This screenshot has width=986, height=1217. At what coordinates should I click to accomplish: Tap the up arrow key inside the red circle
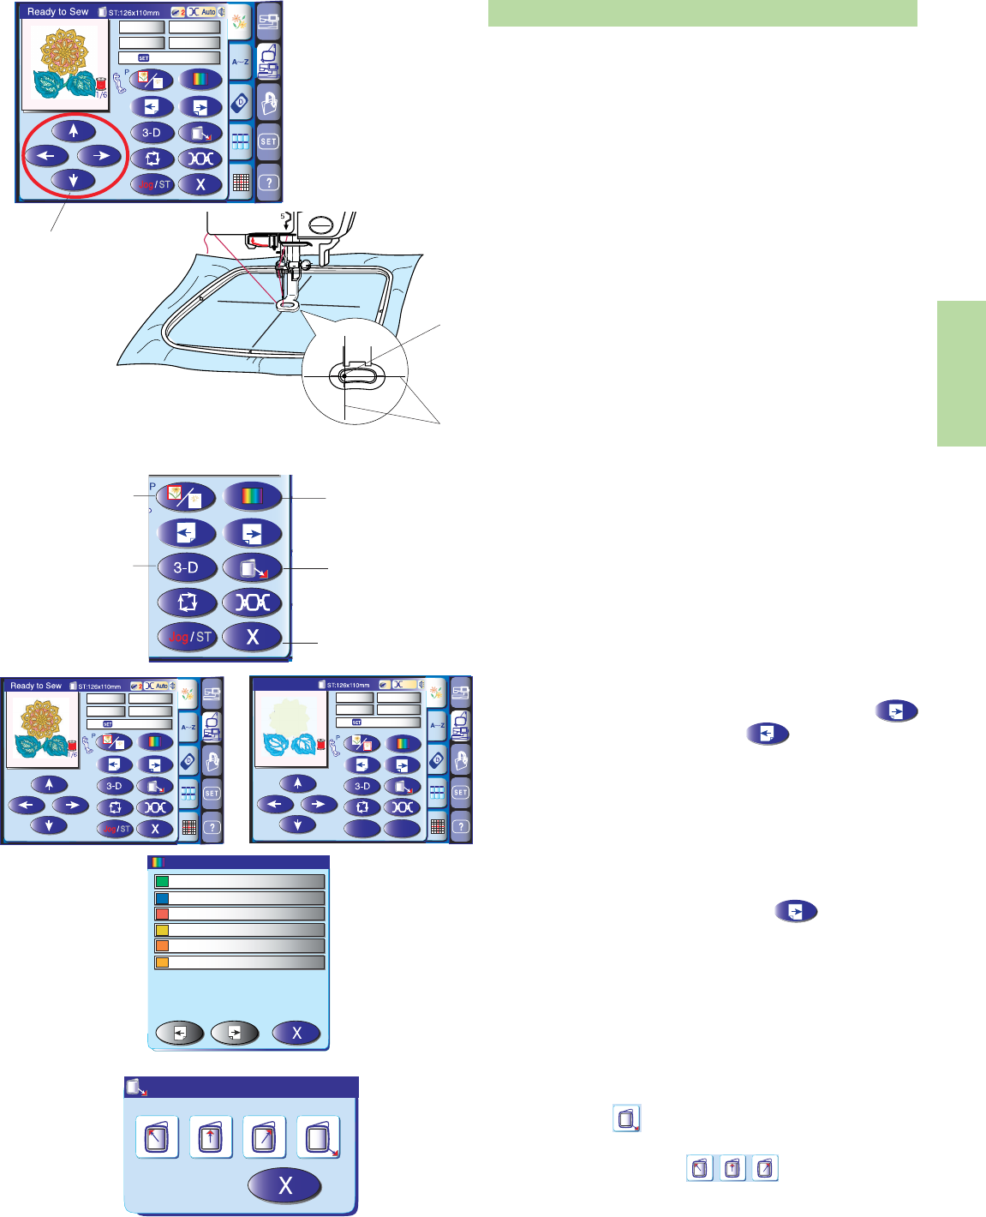coord(74,131)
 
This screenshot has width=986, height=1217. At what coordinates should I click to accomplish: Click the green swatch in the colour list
coord(162,881)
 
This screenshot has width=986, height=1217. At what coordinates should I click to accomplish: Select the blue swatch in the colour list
coord(162,898)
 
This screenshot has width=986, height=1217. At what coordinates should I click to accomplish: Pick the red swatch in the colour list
coord(162,914)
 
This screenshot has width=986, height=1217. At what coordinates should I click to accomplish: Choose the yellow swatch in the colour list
coord(162,930)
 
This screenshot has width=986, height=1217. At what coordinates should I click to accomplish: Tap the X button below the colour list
coord(296,1033)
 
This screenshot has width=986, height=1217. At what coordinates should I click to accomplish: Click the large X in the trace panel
coord(284,1186)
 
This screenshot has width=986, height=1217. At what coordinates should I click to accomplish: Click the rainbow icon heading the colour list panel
coord(156,863)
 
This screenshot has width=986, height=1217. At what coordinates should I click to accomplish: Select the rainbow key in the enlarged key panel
coord(252,496)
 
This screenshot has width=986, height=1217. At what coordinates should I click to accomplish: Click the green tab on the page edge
coord(961,373)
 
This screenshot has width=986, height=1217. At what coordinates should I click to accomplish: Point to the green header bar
coord(702,13)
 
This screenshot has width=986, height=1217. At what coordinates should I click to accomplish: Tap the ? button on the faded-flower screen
coord(461,826)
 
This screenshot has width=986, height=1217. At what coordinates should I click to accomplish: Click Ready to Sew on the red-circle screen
coord(57,12)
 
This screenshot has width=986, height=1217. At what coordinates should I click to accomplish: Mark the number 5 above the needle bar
coord(282,217)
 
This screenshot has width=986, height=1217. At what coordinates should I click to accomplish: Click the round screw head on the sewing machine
coord(320,225)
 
